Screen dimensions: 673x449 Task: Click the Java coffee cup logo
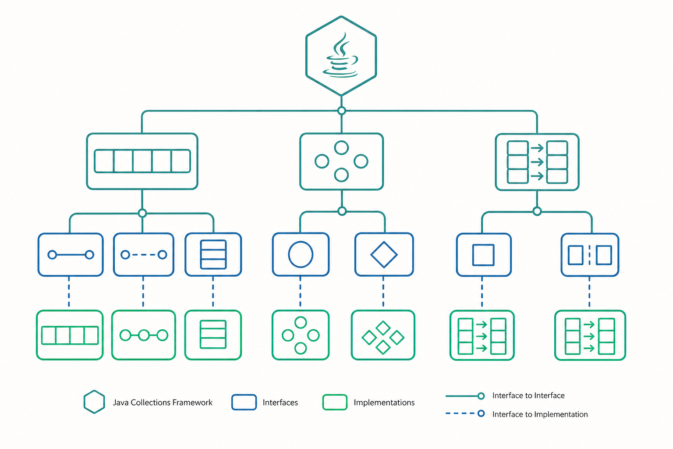(340, 55)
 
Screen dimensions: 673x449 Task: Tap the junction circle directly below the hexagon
(341, 110)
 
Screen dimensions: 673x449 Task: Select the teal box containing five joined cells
(142, 161)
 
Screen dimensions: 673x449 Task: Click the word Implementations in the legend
(384, 403)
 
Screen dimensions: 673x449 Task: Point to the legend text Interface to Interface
(528, 396)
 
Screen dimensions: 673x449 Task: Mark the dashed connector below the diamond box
(383, 292)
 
